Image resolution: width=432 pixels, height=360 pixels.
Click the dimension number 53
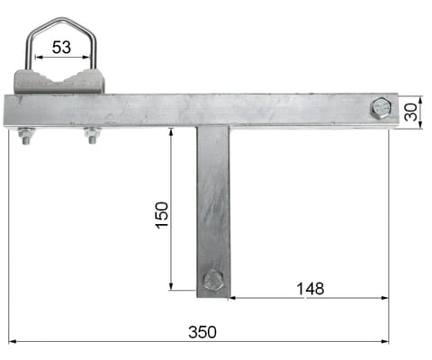tap(61, 47)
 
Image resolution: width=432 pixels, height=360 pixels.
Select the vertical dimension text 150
tap(161, 214)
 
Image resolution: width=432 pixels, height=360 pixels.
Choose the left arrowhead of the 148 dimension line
tap(232, 299)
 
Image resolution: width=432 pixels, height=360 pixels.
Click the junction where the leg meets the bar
tap(213, 127)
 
